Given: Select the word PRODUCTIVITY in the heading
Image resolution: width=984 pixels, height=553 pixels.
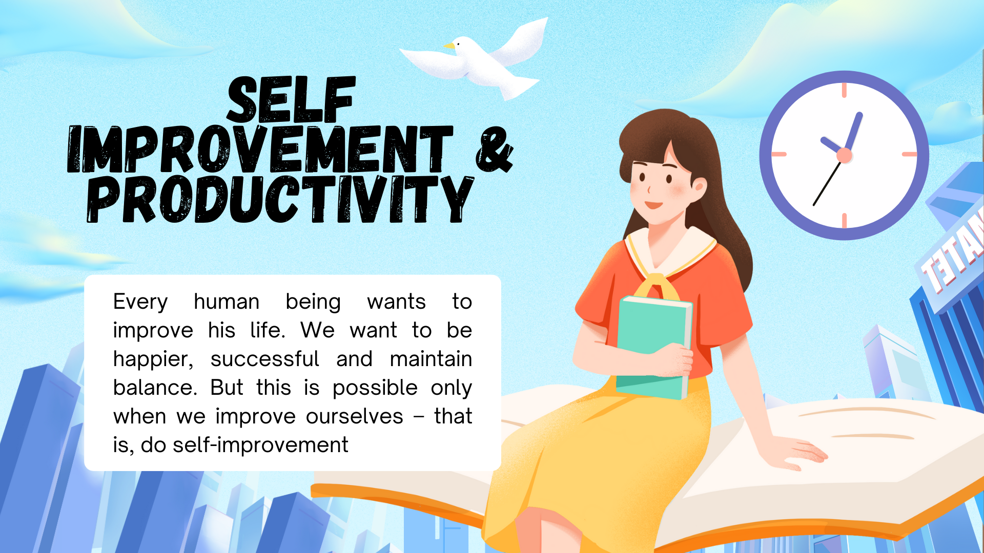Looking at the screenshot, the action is pyautogui.click(x=280, y=199).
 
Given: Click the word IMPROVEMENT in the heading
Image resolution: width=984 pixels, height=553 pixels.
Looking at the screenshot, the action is pyautogui.click(x=260, y=149).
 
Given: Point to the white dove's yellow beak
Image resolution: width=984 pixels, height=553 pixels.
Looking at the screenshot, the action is pyautogui.click(x=449, y=46).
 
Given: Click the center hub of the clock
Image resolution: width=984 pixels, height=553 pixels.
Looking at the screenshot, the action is pyautogui.click(x=844, y=156).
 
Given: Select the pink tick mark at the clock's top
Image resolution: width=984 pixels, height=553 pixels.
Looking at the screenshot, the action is pyautogui.click(x=844, y=90).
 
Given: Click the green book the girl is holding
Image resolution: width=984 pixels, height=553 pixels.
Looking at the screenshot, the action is pyautogui.click(x=653, y=348).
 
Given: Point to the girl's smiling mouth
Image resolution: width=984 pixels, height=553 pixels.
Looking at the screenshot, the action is pyautogui.click(x=653, y=205).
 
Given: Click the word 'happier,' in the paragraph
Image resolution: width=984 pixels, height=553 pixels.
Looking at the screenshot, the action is pyautogui.click(x=153, y=359).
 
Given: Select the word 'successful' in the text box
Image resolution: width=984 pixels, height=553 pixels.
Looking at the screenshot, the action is pyautogui.click(x=265, y=359).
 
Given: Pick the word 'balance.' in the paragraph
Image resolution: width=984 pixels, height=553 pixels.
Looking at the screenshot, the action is pyautogui.click(x=155, y=388).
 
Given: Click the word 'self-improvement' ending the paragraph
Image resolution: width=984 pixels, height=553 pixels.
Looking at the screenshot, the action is pyautogui.click(x=260, y=445).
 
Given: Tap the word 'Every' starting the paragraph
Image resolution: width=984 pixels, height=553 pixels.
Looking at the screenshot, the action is pyautogui.click(x=140, y=302).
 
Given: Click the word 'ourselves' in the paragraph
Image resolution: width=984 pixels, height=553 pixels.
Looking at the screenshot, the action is pyautogui.click(x=355, y=416).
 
